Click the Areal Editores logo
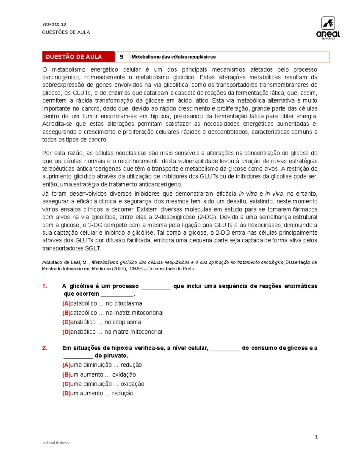coord(328,28)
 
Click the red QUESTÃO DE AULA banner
coord(78,57)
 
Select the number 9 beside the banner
coord(122,57)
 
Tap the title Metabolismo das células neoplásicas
coord(173,57)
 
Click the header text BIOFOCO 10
coord(54,24)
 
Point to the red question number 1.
coord(45,286)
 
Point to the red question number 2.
coord(45,348)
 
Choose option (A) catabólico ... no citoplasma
coord(102,303)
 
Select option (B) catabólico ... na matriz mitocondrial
coord(113,313)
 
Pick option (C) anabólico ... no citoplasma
coord(102,322)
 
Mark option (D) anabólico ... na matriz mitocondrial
coord(112,332)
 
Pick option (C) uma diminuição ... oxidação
coord(103,384)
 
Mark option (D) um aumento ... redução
coord(98,393)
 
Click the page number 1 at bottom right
coord(316,437)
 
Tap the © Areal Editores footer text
coord(56,443)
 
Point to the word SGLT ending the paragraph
coord(93,248)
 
